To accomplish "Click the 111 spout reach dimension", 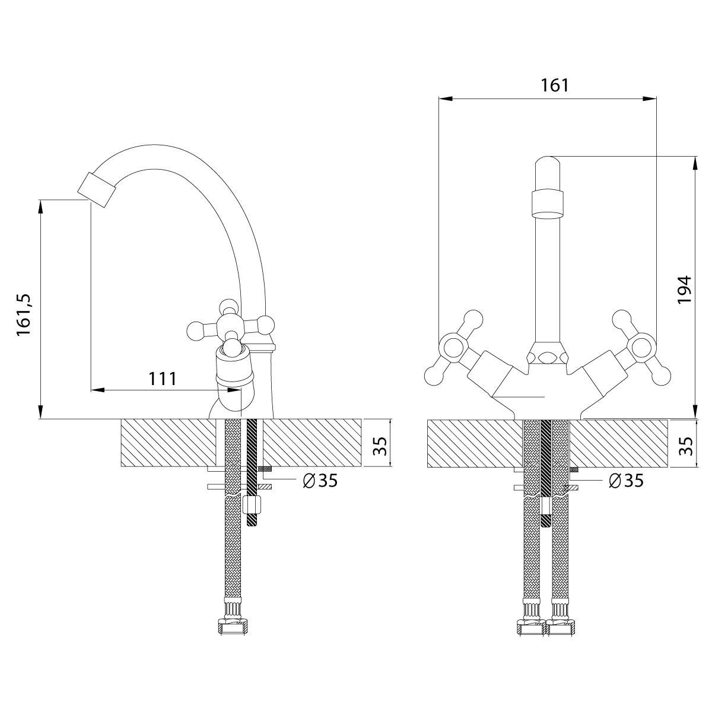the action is (x=163, y=379).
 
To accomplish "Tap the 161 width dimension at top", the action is (x=555, y=85).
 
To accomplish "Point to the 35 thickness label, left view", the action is (x=380, y=446).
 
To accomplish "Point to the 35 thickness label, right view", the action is (x=686, y=446).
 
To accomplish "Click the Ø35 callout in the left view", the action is (x=320, y=481).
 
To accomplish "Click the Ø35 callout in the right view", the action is (x=626, y=481).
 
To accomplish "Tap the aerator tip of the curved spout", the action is (x=96, y=189).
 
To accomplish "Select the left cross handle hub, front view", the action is (x=453, y=346).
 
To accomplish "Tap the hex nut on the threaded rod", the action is (x=252, y=504).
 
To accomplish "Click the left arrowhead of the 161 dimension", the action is (x=446, y=98).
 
